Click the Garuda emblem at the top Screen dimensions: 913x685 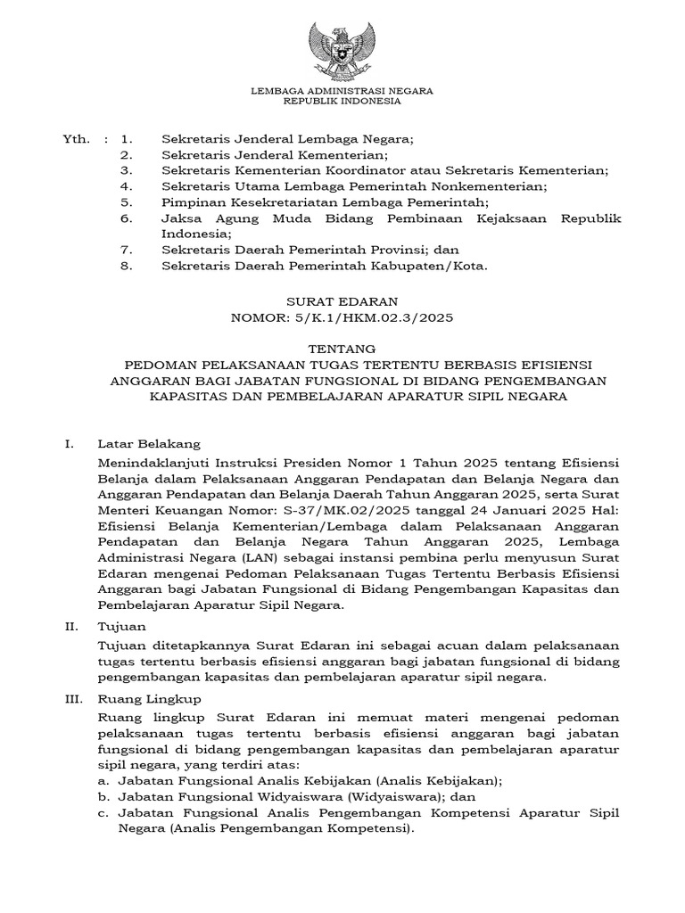(342, 50)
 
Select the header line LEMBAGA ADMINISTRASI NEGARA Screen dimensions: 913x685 (342, 90)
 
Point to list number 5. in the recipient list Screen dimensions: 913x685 (127, 202)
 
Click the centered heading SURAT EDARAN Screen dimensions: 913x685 (342, 301)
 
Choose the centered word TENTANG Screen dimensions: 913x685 (342, 349)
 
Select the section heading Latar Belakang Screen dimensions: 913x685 (149, 442)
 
